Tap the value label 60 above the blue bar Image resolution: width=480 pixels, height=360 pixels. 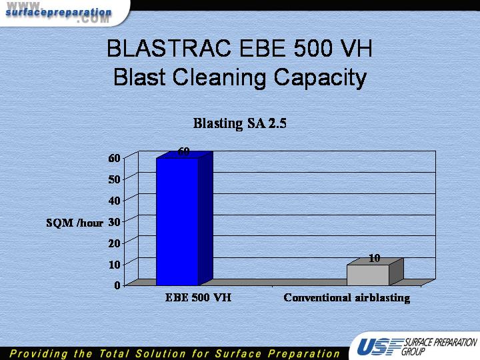184,151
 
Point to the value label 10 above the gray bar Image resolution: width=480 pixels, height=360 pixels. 374,259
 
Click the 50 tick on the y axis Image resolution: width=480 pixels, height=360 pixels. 114,179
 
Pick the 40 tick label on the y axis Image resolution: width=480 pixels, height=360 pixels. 114,201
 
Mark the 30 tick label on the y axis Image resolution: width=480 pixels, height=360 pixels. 114,222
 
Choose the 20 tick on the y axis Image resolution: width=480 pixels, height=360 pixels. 114,243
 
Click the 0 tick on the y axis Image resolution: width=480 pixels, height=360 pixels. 117,285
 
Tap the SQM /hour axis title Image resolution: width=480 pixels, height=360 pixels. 75,223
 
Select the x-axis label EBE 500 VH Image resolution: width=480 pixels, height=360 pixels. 198,297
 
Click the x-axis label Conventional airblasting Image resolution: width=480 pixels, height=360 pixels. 347,298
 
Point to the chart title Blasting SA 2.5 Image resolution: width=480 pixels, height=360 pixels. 240,123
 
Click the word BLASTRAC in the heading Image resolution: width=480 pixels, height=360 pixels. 169,49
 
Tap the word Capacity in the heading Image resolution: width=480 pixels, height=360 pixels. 320,77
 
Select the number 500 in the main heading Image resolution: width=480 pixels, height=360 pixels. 313,49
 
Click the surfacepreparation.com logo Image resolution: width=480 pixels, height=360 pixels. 58,13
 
